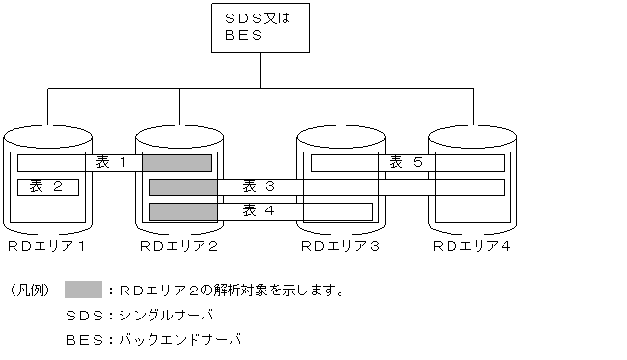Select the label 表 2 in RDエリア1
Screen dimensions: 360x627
click(x=47, y=186)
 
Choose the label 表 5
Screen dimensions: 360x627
click(x=405, y=162)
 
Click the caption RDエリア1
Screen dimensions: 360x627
click(x=46, y=248)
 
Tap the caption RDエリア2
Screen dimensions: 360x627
click(x=178, y=248)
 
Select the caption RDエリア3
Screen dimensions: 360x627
click(x=340, y=248)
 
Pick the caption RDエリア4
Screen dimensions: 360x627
click(x=471, y=248)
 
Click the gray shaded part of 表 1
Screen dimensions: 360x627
click(x=177, y=162)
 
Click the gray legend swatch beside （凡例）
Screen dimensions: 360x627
click(x=83, y=289)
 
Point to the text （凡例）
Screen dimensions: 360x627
click(x=28, y=290)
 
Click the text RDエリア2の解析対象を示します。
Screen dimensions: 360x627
click(x=232, y=290)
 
